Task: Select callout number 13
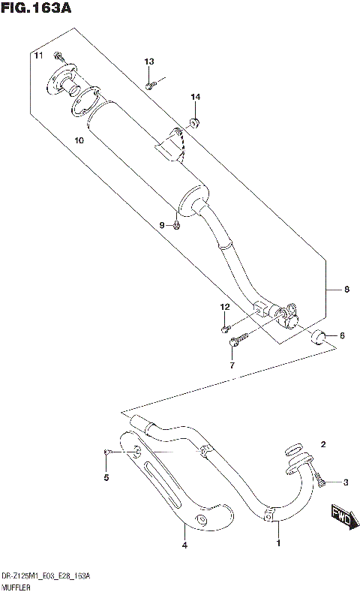pos(149,62)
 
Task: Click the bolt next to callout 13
pos(150,84)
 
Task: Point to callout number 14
pos(195,98)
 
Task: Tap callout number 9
pos(160,225)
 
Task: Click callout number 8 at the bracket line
pos(346,290)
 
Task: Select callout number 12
pos(223,307)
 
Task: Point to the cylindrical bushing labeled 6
pos(320,336)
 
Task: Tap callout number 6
pos(342,335)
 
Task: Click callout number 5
pos(106,477)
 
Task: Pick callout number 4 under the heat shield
pos(184,547)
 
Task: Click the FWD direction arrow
pos(341,518)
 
